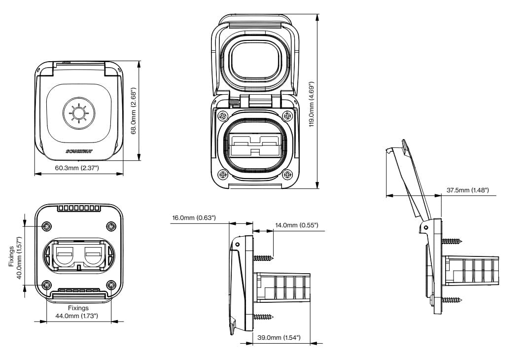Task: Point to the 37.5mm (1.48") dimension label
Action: tap(468, 190)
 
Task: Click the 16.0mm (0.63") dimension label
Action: tap(194, 218)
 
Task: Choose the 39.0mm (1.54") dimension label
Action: tap(279, 337)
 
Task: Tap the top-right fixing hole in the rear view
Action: tap(111, 226)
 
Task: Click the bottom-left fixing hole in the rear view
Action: tap(47, 285)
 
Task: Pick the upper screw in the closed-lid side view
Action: tap(263, 258)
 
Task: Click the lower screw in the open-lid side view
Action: tap(451, 299)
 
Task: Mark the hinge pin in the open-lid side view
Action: tap(425, 227)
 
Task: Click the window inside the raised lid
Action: tap(255, 60)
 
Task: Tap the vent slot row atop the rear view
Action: tap(79, 208)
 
